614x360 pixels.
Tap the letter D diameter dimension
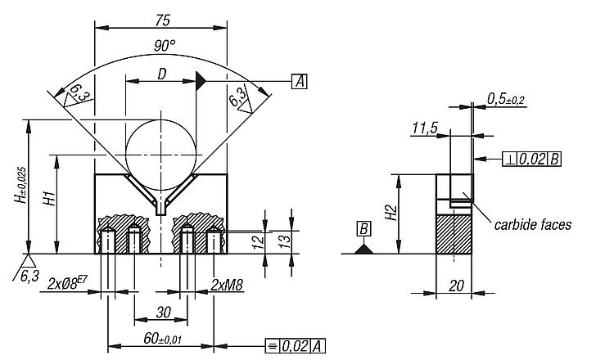click(162, 74)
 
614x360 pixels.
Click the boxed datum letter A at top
click(300, 81)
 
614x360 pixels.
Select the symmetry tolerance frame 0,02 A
click(296, 346)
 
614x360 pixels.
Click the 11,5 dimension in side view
click(425, 128)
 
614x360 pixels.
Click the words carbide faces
click(533, 224)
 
